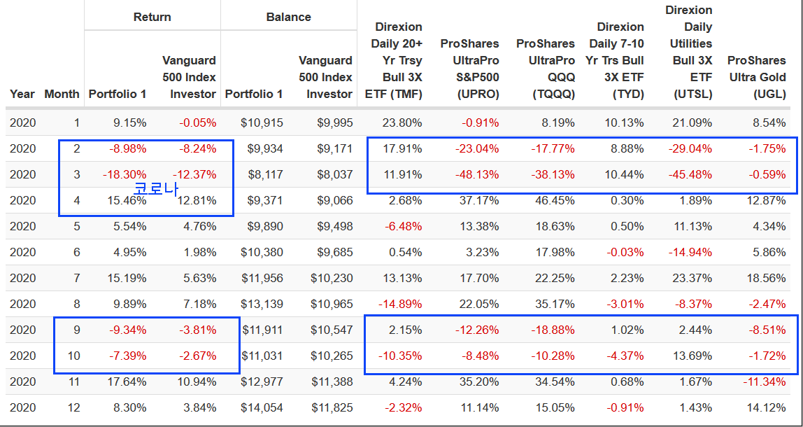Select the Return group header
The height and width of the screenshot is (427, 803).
tap(152, 17)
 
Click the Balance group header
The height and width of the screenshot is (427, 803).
tap(288, 17)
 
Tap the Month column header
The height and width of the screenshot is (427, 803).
tap(62, 94)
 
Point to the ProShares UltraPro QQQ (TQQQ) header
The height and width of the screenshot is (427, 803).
tap(546, 69)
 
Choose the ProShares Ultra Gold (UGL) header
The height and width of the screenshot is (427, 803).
tap(757, 77)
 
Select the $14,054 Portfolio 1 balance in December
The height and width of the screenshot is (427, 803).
tap(262, 408)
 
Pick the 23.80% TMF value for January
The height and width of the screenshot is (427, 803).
tap(398, 122)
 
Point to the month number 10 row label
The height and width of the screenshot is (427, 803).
tap(73, 356)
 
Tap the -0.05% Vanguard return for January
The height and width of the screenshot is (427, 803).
tap(197, 122)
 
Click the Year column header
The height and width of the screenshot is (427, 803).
tap(22, 94)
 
